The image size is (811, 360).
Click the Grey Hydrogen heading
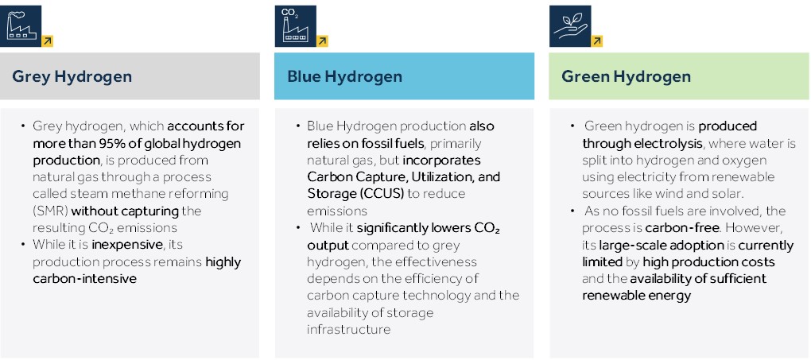click(72, 77)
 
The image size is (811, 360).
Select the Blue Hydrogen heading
click(344, 77)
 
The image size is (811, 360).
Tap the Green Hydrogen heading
click(626, 77)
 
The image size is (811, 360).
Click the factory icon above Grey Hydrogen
click(23, 26)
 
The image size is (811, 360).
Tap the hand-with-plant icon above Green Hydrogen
click(569, 26)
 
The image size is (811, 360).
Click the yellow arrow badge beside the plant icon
click(597, 41)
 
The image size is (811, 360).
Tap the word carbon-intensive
click(84, 278)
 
